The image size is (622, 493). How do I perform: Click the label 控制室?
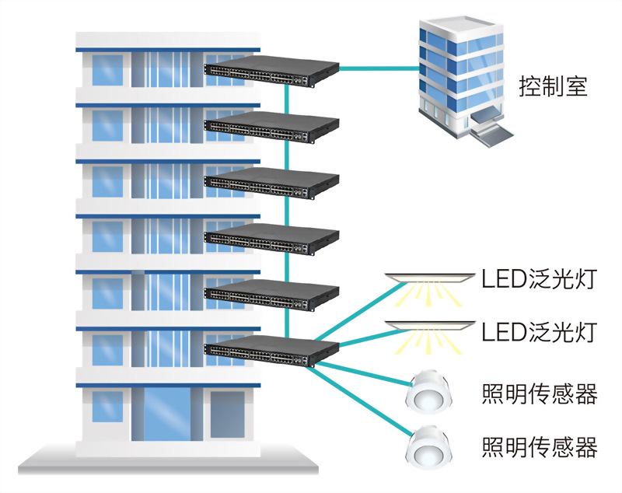point(553,85)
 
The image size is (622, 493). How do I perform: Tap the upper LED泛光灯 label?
point(538,278)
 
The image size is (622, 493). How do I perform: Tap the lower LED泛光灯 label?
point(538,332)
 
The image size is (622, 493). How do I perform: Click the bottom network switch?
point(272,352)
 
